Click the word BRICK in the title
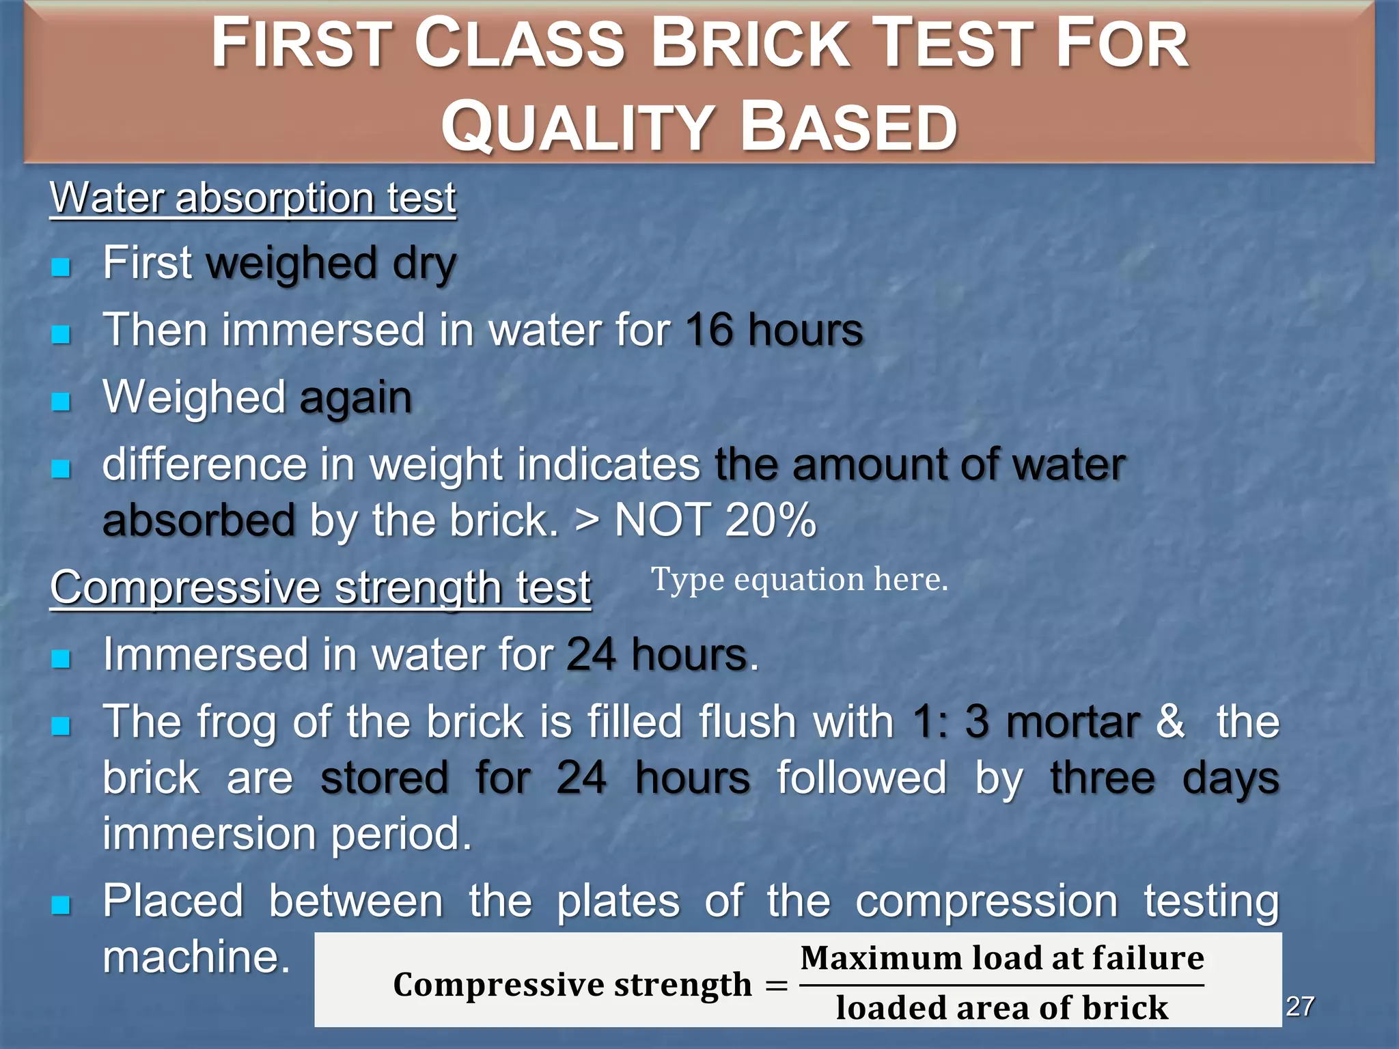752,45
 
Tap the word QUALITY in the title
578,127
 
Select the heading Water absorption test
253,198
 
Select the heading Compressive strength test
320,587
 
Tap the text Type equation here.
799,580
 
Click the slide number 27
1300,1006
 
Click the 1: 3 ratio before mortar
950,723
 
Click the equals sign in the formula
776,985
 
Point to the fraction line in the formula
1001,985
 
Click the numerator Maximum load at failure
1002,958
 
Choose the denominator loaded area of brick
1002,1008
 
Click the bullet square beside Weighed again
61,401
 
